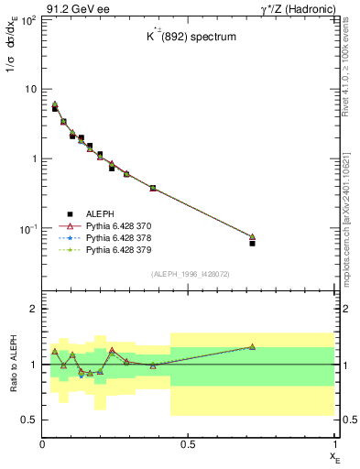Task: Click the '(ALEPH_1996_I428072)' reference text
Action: point(189,274)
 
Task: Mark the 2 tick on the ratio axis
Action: point(32,309)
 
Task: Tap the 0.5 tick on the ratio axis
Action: point(28,420)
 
